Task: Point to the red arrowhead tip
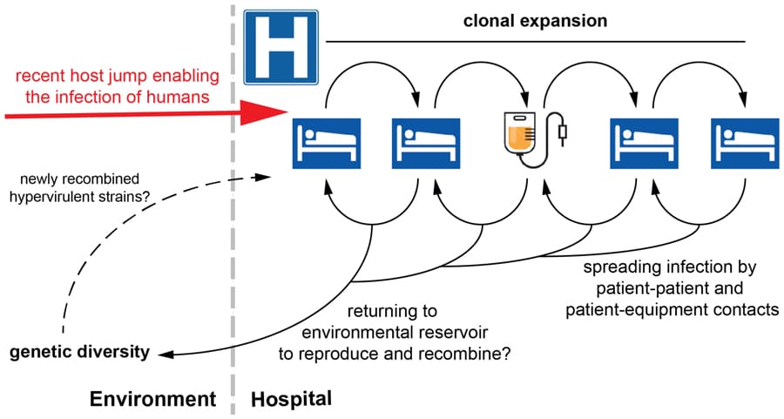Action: click(x=285, y=112)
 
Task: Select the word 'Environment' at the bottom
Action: click(x=152, y=400)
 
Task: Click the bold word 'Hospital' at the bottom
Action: click(x=291, y=400)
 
